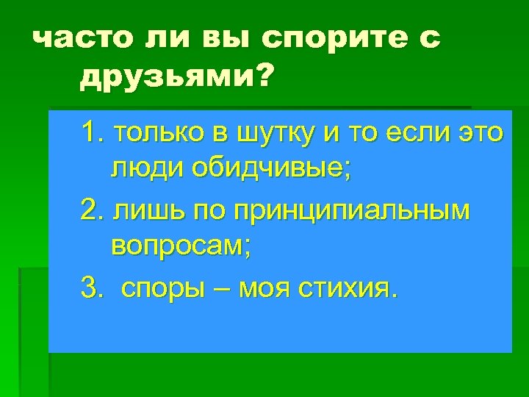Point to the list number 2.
tap(91, 212)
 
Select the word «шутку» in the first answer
tap(263, 135)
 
